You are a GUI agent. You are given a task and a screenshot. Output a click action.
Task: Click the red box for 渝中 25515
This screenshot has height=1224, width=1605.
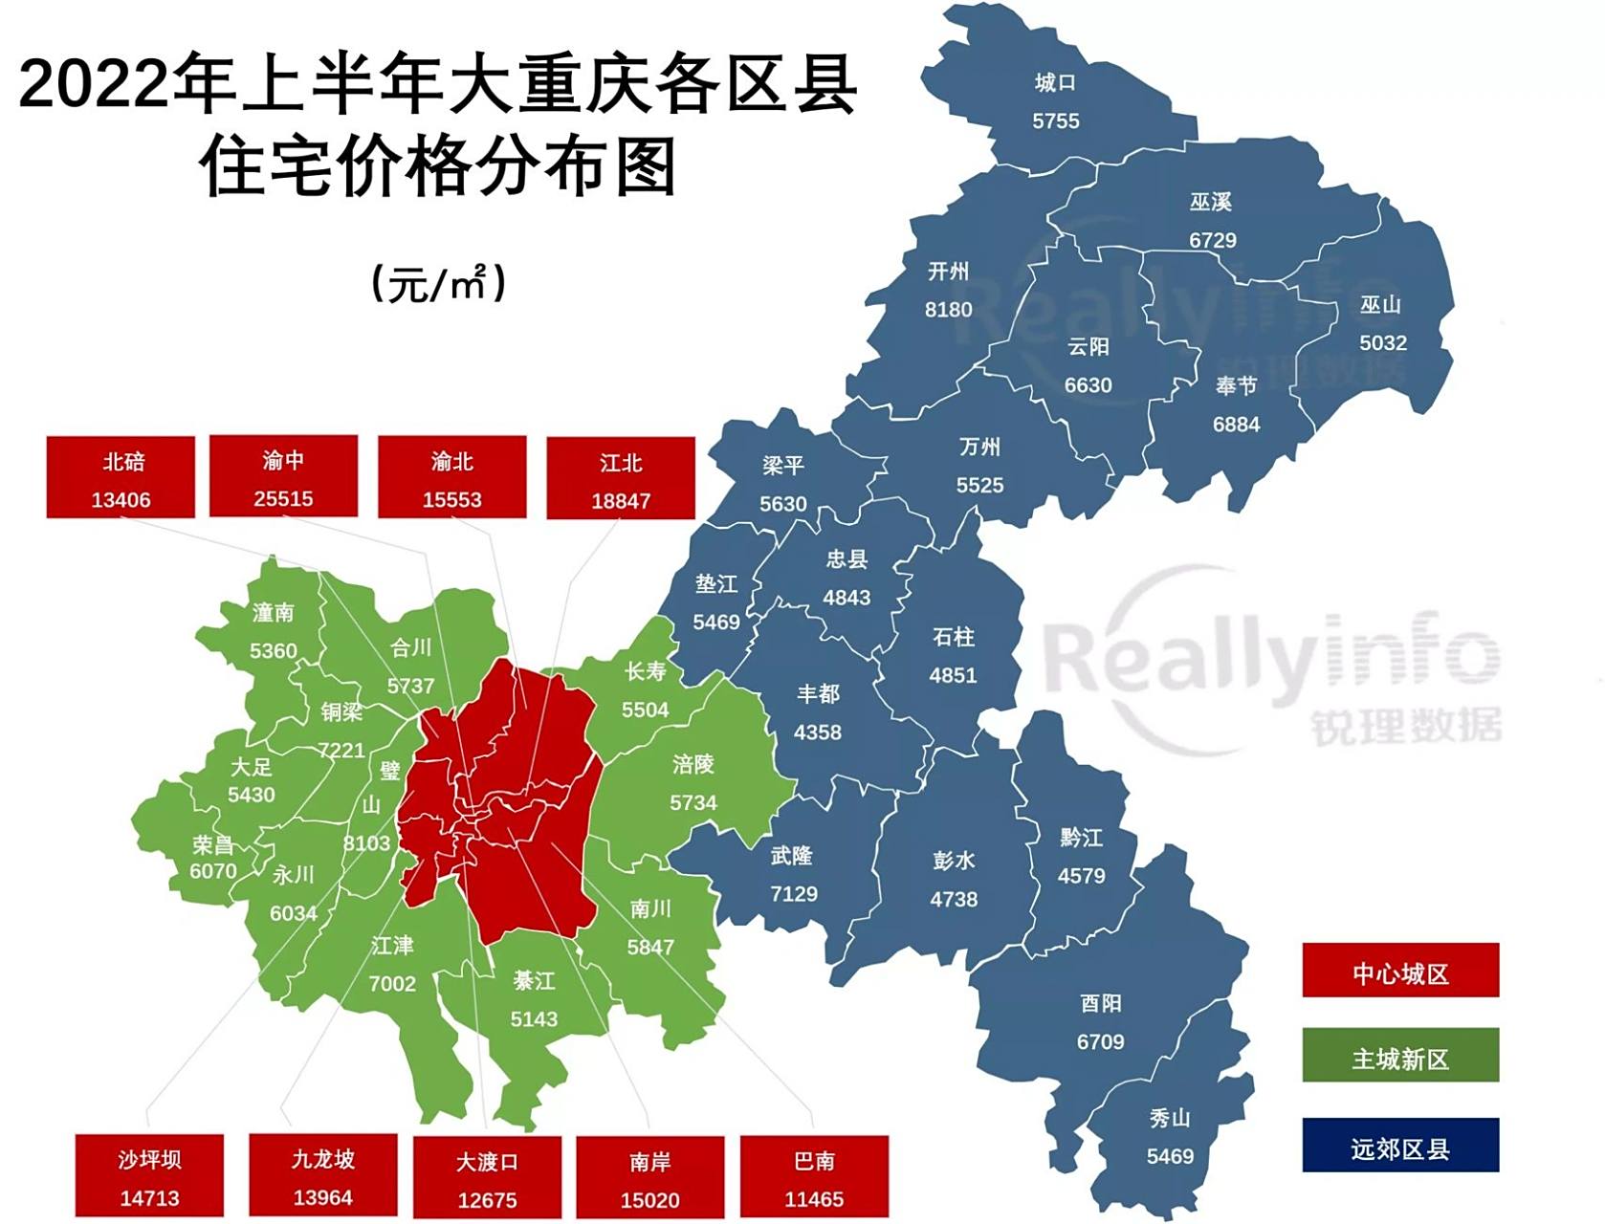[283, 476]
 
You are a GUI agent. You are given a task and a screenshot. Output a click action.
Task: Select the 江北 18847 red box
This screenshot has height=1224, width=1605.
[620, 479]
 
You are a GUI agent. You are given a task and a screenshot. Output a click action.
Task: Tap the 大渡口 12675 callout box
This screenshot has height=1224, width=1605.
[487, 1177]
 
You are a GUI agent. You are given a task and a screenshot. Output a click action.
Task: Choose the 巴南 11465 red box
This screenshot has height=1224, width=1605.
[814, 1177]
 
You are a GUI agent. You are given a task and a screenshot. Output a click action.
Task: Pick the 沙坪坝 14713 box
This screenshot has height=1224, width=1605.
[149, 1175]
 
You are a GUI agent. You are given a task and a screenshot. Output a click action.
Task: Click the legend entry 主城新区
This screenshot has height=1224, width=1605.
[1399, 1057]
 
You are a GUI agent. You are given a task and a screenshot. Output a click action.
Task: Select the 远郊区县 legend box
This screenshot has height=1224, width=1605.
[1399, 1146]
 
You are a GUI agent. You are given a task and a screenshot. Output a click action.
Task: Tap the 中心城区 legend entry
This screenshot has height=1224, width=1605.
[1399, 972]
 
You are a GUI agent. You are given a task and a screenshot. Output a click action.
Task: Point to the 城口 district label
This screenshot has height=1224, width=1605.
[1055, 83]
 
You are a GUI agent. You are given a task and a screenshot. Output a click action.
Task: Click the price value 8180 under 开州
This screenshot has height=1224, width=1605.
[948, 310]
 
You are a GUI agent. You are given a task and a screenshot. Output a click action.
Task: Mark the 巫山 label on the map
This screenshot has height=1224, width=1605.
[1380, 304]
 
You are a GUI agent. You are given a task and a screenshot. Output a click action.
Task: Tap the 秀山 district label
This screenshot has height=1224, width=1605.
[1169, 1117]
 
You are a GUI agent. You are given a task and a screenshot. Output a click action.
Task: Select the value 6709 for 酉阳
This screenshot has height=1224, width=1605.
[1100, 1041]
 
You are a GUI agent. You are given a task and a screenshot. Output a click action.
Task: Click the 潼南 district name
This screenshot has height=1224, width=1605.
[273, 612]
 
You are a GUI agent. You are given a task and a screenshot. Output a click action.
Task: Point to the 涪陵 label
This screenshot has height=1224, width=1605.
[693, 764]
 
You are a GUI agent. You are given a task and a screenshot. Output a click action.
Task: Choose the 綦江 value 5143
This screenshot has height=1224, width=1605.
[533, 1019]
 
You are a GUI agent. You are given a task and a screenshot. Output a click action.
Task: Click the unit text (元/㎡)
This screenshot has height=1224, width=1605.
[438, 283]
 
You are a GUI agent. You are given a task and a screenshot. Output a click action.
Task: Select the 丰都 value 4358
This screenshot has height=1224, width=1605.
[817, 732]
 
